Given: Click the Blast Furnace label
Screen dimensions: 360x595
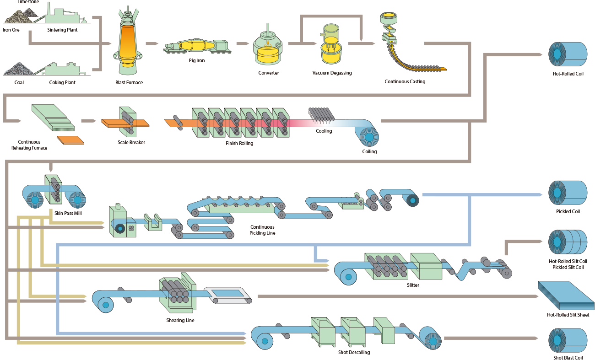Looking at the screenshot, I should (x=129, y=82).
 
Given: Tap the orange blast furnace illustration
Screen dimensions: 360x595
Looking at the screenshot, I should (x=128, y=43).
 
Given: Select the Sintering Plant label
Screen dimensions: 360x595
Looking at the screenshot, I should (x=62, y=30).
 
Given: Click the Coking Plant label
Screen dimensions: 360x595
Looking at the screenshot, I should (x=62, y=82).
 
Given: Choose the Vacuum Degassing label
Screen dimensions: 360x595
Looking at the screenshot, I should (x=332, y=73).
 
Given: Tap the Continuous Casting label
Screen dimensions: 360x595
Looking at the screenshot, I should (x=405, y=81).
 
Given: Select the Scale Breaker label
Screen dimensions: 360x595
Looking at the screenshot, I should (x=131, y=142).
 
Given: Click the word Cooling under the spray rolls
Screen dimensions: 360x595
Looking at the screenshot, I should (x=324, y=131).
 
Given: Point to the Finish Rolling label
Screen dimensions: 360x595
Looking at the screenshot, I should (x=239, y=143).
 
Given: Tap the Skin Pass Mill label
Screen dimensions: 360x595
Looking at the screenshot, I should (x=68, y=213).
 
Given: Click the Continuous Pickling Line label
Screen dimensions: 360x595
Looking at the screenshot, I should (x=262, y=230).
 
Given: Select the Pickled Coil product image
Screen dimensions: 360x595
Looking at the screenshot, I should (x=568, y=193).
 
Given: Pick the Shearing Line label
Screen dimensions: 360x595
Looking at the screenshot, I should (x=180, y=320).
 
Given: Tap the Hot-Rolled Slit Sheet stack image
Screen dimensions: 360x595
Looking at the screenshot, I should (x=567, y=295).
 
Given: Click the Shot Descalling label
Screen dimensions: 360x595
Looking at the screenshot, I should (x=351, y=352).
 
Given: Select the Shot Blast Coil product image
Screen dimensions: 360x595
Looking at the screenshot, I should (x=568, y=340).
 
